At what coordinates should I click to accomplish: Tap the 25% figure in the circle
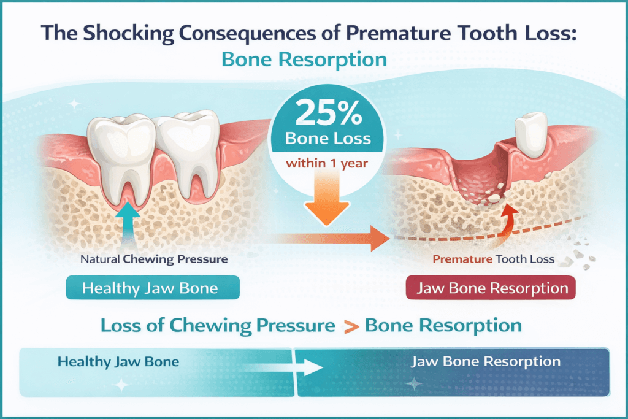(x=322, y=113)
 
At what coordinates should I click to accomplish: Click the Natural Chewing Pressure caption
(x=154, y=259)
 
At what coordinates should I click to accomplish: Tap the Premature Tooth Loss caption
(x=493, y=259)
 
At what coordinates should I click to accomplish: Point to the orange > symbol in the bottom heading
(x=351, y=325)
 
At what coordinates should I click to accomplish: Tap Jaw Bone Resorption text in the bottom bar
(x=484, y=361)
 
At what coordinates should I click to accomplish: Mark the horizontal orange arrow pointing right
(x=331, y=237)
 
